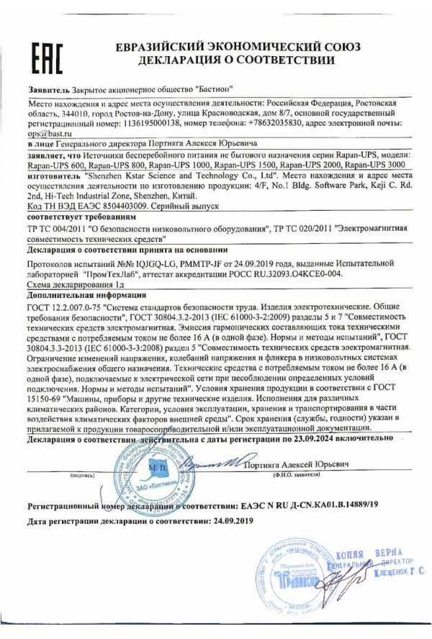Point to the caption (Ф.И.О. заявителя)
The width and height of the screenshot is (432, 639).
click(x=297, y=476)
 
